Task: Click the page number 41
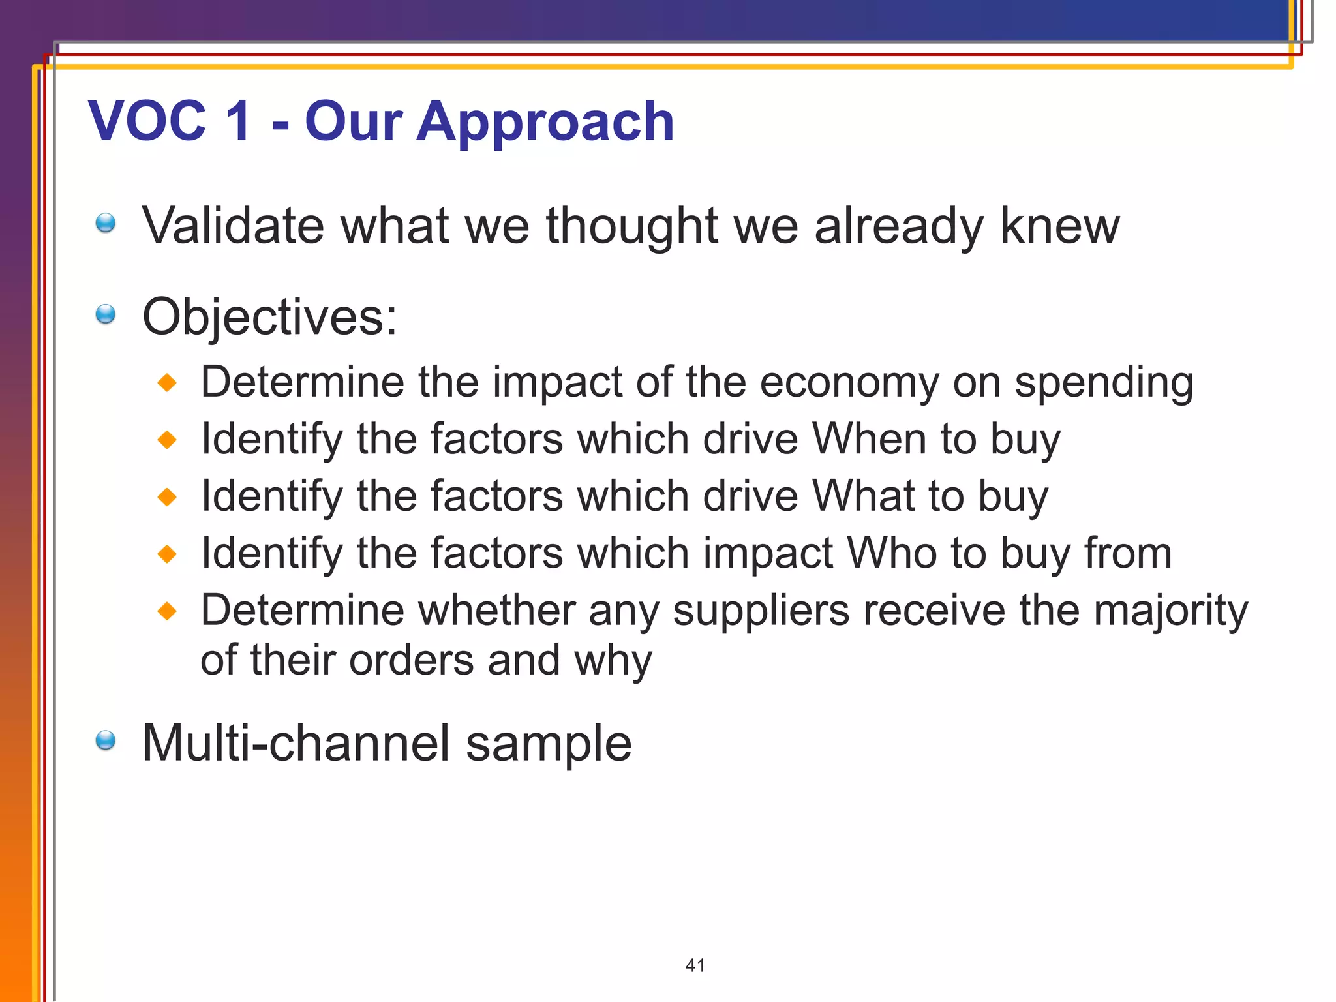695,965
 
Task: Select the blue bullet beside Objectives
105,314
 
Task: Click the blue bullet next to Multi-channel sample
105,740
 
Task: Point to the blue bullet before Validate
105,223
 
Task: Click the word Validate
233,226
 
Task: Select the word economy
849,383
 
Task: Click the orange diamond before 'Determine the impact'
168,382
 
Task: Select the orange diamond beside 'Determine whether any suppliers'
168,611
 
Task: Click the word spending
1104,383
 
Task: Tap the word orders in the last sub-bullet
412,661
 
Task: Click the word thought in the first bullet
631,226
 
